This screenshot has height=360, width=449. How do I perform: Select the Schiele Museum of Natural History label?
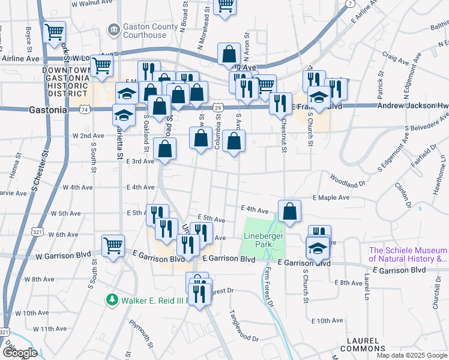pos(408,254)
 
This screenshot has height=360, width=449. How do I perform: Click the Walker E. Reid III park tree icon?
pos(111,299)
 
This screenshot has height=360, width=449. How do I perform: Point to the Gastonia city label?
pos(47,110)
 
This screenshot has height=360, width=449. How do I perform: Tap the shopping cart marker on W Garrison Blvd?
pos(113,245)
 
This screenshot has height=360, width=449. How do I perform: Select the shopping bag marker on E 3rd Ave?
pos(164,149)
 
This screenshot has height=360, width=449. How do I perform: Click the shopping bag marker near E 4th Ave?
pos(289,211)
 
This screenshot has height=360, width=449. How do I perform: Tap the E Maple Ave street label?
pos(331,197)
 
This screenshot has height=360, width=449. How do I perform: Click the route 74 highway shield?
pos(85,110)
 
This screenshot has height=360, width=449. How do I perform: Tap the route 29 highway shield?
pos(218,107)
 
